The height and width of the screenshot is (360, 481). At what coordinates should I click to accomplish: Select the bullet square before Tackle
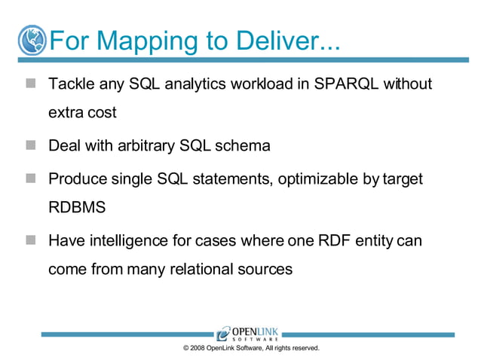[30, 84]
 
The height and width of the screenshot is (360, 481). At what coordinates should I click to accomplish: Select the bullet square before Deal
[30, 145]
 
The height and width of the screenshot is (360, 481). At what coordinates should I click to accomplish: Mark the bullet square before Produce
[30, 178]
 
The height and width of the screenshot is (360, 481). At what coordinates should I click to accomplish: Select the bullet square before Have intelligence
[30, 240]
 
